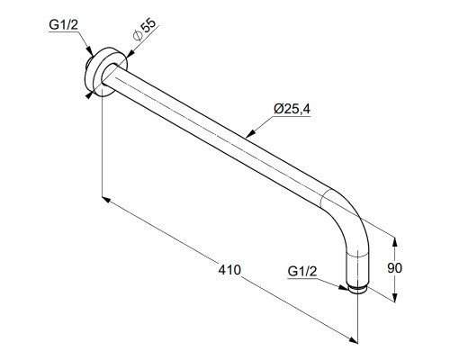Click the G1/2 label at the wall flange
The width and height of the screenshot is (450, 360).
(63, 24)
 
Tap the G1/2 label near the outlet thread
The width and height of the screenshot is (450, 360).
(301, 271)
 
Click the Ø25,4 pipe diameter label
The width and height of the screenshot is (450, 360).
(292, 109)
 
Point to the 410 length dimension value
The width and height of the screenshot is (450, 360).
(229, 270)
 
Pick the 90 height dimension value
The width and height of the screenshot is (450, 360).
(394, 268)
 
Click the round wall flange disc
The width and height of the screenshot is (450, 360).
(105, 72)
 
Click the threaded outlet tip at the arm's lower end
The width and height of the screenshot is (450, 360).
(357, 290)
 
